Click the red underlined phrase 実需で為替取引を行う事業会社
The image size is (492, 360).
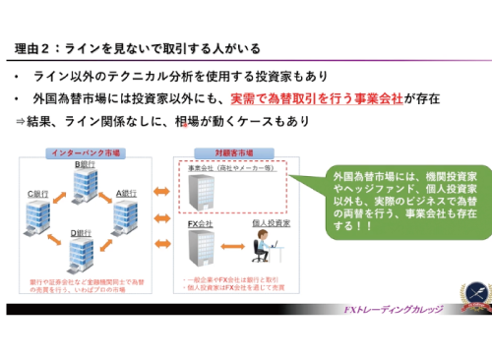(309, 99)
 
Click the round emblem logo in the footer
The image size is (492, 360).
(472, 296)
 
